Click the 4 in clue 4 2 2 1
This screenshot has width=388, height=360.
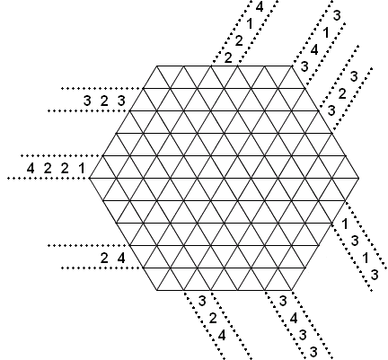[31, 169]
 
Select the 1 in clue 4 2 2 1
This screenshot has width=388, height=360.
[82, 169]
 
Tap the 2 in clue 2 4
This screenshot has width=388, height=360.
[104, 258]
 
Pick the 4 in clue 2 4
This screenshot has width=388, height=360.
[121, 258]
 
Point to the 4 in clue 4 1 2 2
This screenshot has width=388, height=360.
[260, 6]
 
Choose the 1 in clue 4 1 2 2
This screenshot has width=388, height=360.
[249, 23]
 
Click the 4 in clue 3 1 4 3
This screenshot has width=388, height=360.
[314, 49]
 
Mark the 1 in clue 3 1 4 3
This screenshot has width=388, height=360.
[326, 32]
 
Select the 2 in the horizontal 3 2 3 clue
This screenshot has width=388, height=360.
[104, 101]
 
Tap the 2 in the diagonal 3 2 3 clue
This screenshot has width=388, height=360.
[342, 94]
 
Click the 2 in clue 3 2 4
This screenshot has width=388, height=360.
[213, 318]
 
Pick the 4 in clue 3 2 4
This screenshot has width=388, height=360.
[222, 336]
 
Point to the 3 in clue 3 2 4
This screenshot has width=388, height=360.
[202, 301]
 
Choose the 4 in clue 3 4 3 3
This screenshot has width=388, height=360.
[294, 318]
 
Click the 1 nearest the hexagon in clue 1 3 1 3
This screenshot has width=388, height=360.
[345, 224]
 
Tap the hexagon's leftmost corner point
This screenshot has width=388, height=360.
[89, 178]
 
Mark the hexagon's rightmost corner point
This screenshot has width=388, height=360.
[359, 178]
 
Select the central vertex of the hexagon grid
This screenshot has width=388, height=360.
[225, 178]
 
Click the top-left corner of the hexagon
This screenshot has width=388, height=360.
[156, 66]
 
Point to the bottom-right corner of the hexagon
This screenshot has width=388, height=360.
[292, 290]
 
